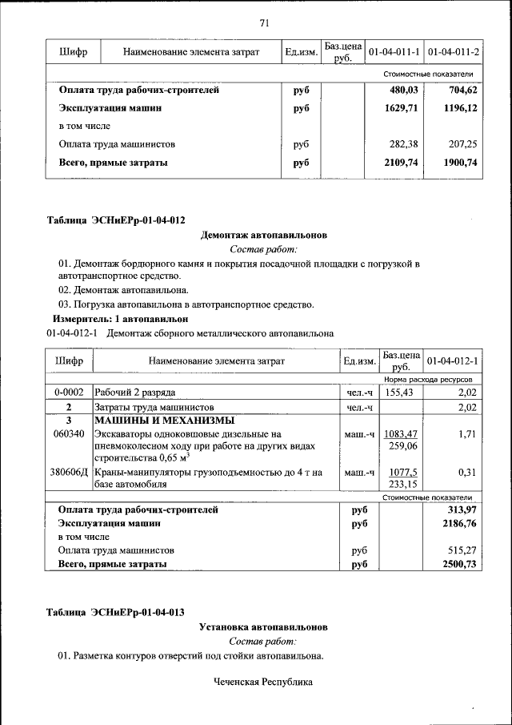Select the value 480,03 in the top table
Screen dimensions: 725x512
pyautogui.click(x=404, y=91)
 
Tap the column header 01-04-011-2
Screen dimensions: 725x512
pyautogui.click(x=453, y=52)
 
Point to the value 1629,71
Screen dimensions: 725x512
pyautogui.click(x=402, y=108)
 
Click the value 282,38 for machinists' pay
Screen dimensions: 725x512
pyautogui.click(x=404, y=144)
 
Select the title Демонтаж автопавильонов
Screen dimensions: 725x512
pyautogui.click(x=263, y=235)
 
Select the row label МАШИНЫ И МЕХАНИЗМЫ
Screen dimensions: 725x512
pyautogui.click(x=164, y=420)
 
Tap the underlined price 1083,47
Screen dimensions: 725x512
pyautogui.click(x=401, y=433)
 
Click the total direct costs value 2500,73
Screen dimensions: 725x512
pyautogui.click(x=459, y=564)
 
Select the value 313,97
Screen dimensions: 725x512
pyautogui.click(x=461, y=510)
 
